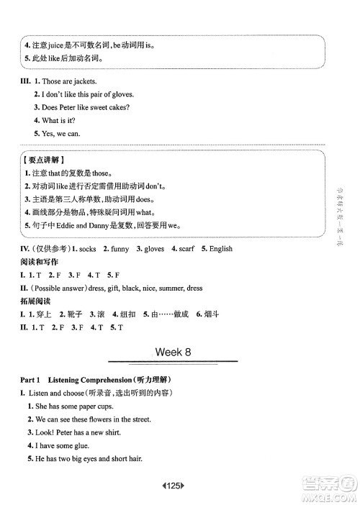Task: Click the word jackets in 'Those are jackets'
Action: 83,82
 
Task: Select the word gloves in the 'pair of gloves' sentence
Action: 121,94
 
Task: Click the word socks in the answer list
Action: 89,249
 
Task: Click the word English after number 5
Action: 221,249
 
